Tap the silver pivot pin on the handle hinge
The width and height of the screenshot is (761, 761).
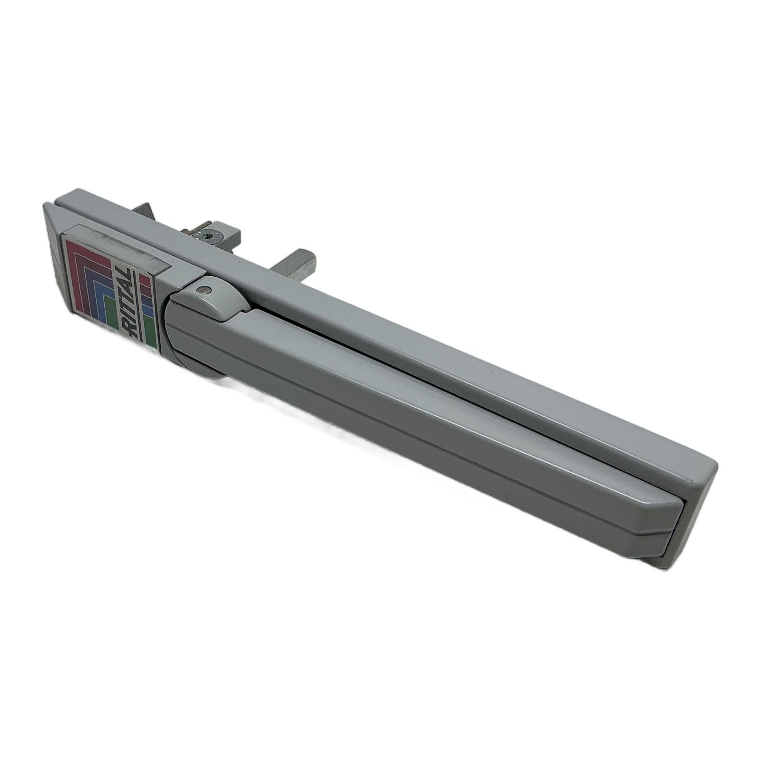tap(203, 289)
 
